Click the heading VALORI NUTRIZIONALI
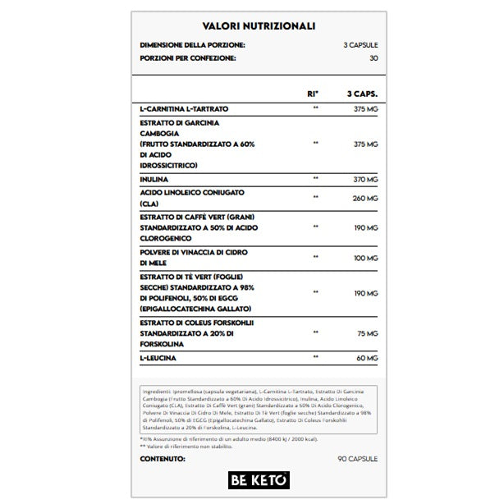[251, 26]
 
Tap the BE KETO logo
[251, 476]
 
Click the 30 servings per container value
[373, 58]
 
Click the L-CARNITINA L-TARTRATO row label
[184, 108]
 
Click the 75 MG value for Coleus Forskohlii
[368, 333]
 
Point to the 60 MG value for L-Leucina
[367, 360]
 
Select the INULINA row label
[154, 178]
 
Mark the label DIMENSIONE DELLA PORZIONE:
[193, 44]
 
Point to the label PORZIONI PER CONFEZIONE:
[188, 58]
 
